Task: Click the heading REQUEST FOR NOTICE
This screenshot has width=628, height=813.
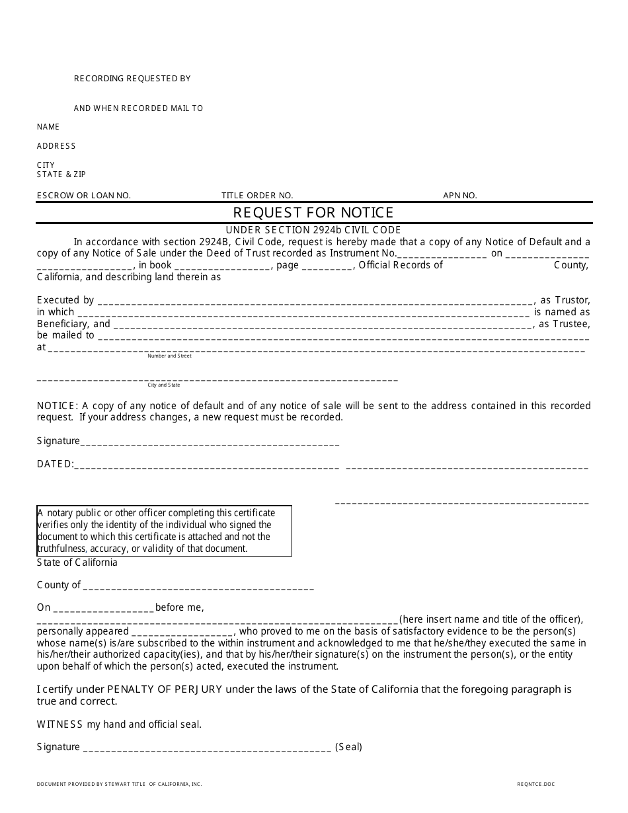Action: pyautogui.click(x=313, y=212)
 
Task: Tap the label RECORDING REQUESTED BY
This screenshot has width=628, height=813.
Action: pyautogui.click(x=132, y=79)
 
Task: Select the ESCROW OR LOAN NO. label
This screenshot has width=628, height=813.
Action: pyautogui.click(x=84, y=196)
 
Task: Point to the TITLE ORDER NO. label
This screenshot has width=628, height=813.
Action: pyautogui.click(x=257, y=196)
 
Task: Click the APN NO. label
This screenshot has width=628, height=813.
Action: pyautogui.click(x=460, y=196)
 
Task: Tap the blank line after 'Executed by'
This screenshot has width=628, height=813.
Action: pyautogui.click(x=315, y=301)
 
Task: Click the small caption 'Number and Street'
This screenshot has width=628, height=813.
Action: pyautogui.click(x=169, y=356)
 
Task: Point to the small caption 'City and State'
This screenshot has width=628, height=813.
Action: pyautogui.click(x=164, y=385)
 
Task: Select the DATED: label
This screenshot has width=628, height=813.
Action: pyautogui.click(x=56, y=464)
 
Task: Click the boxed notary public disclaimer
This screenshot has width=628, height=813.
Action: pyautogui.click(x=164, y=531)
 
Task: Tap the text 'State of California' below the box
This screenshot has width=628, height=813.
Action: pyautogui.click(x=77, y=562)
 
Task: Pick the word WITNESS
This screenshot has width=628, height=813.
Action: pyautogui.click(x=60, y=724)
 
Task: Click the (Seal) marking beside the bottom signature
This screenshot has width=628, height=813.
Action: pyautogui.click(x=348, y=748)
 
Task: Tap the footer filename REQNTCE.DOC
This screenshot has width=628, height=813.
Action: pyautogui.click(x=536, y=785)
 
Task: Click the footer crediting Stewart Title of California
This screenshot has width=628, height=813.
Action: pyautogui.click(x=119, y=785)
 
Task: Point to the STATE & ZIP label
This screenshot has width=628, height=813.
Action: pyautogui.click(x=61, y=174)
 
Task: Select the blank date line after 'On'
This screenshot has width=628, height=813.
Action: pyautogui.click(x=103, y=609)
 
